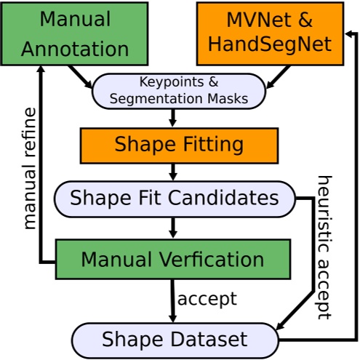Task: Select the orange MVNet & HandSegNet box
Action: (x=269, y=33)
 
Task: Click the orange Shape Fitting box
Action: (x=178, y=145)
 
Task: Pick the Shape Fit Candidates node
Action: (x=175, y=198)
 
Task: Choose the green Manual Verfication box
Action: (x=172, y=259)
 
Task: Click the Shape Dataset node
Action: (x=175, y=339)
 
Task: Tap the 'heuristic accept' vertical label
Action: (x=324, y=247)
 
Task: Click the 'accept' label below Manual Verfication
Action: (x=207, y=299)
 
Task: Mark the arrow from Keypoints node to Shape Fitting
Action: (x=173, y=118)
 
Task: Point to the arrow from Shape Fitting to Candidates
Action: (x=173, y=171)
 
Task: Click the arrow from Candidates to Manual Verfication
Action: (x=173, y=227)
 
